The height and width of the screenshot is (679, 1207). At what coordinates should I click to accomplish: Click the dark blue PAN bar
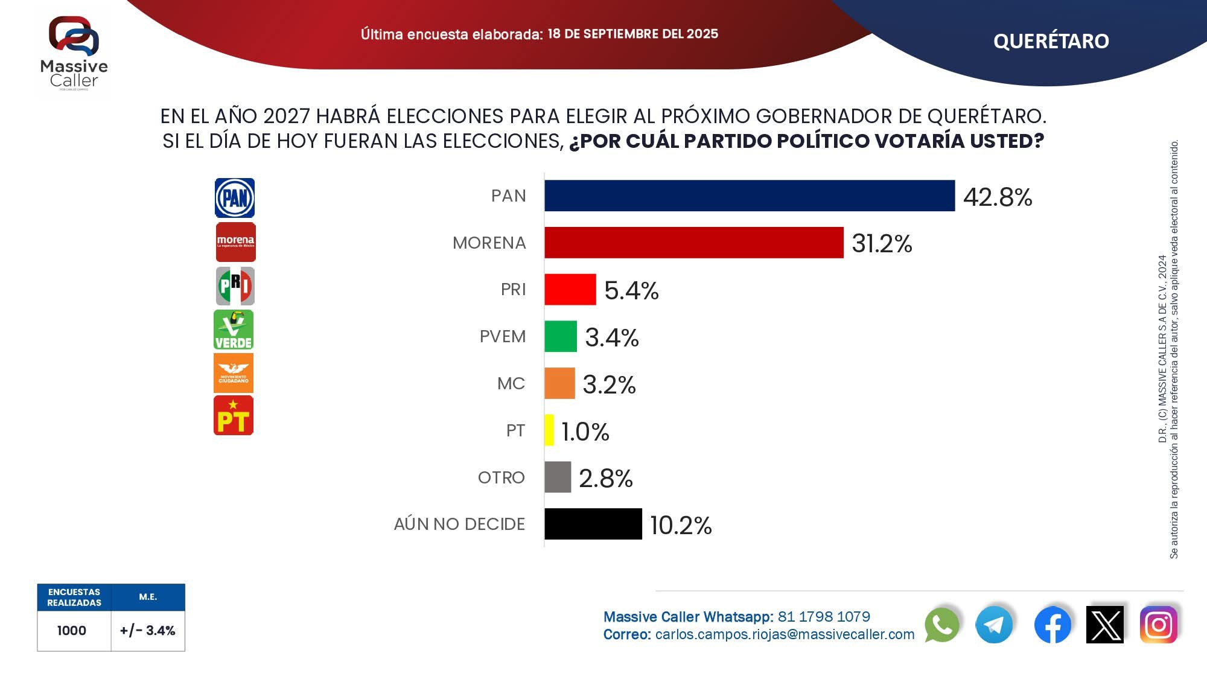pyautogui.click(x=749, y=196)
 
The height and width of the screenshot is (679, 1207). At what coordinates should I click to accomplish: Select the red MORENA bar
pyautogui.click(x=693, y=243)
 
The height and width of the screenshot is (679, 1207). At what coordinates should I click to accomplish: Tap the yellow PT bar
pyautogui.click(x=549, y=430)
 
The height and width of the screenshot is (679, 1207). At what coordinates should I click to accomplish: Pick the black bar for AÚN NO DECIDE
pyautogui.click(x=593, y=524)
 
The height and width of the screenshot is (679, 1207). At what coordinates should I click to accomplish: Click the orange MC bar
pyautogui.click(x=559, y=383)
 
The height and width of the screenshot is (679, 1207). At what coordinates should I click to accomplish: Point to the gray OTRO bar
pyautogui.click(x=558, y=477)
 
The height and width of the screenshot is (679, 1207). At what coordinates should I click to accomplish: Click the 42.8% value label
pyautogui.click(x=998, y=197)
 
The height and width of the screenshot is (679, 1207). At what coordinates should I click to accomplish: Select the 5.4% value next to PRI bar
pyautogui.click(x=631, y=290)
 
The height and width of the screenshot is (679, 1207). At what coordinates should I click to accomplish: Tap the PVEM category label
pyautogui.click(x=502, y=336)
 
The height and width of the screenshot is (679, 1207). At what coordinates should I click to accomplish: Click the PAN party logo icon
pyautogui.click(x=235, y=198)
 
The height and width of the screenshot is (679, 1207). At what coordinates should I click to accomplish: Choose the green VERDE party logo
pyautogui.click(x=234, y=330)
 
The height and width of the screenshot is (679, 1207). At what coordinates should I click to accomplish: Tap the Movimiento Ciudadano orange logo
pyautogui.click(x=234, y=373)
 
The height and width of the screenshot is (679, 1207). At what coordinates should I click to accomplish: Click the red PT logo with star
pyautogui.click(x=234, y=415)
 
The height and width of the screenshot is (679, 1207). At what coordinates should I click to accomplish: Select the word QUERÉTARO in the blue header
pyautogui.click(x=1051, y=41)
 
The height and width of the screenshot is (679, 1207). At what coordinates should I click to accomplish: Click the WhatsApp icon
pyautogui.click(x=941, y=625)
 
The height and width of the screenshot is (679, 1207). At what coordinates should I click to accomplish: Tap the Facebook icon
pyautogui.click(x=1053, y=625)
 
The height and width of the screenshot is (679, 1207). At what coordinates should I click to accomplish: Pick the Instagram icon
pyautogui.click(x=1158, y=625)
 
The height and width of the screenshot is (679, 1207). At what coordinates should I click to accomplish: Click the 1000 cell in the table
pyautogui.click(x=72, y=631)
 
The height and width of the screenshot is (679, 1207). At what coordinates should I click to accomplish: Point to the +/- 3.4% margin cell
pyautogui.click(x=148, y=631)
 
